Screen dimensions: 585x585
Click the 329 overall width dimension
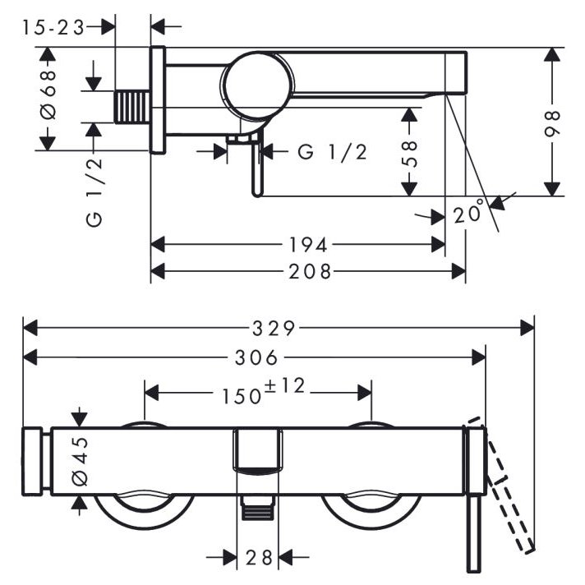274,328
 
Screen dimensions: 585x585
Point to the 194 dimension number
308,244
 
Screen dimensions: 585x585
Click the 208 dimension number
309,271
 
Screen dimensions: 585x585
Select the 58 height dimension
411,152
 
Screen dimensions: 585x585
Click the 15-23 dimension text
53,27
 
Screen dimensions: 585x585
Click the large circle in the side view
256,83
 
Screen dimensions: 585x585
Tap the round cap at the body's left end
34,461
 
